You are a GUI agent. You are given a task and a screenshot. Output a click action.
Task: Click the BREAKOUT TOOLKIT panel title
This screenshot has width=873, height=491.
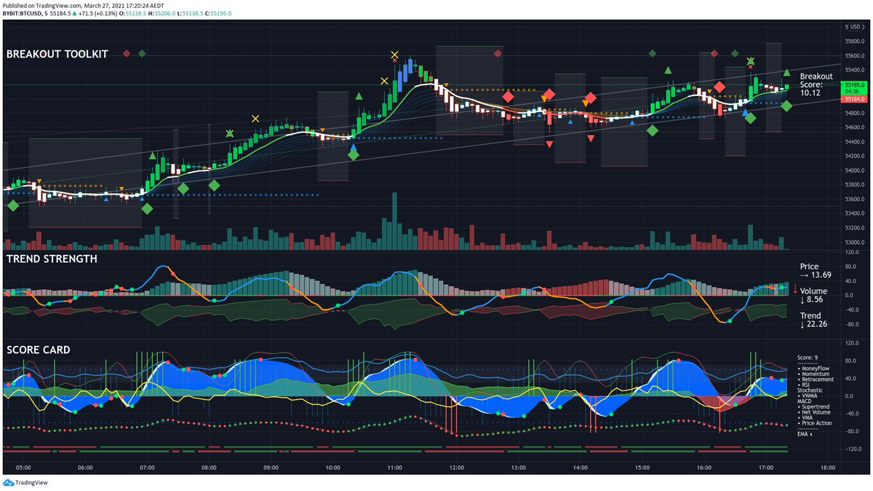(x=57, y=54)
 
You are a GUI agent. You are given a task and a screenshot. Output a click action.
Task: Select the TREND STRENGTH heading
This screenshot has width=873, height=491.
(x=52, y=259)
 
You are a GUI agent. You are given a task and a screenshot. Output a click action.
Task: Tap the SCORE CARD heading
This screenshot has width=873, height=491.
(x=39, y=350)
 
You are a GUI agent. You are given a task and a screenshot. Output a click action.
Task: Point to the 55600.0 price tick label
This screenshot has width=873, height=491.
(x=854, y=56)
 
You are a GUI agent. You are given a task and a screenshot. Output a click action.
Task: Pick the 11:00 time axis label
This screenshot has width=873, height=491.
(x=396, y=468)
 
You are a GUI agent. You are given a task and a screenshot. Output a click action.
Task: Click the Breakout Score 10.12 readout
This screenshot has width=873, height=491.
(x=816, y=85)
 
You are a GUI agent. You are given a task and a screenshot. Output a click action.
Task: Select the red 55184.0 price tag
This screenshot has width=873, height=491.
(x=854, y=98)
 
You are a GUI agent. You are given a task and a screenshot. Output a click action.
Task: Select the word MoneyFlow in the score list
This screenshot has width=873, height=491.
(x=817, y=369)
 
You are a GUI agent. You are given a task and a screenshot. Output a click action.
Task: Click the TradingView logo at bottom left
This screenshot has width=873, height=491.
(x=23, y=482)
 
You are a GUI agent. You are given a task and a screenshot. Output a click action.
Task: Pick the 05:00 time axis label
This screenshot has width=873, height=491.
(x=23, y=468)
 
